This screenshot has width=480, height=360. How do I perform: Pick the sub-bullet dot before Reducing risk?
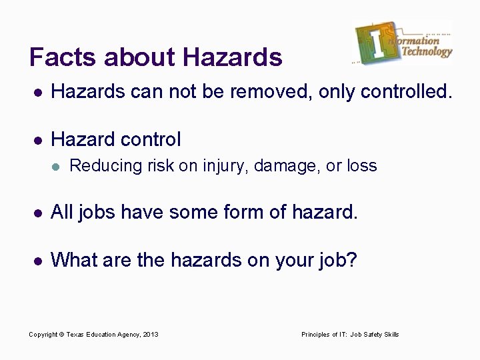click(56, 166)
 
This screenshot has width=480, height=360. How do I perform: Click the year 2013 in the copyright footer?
click(151, 334)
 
